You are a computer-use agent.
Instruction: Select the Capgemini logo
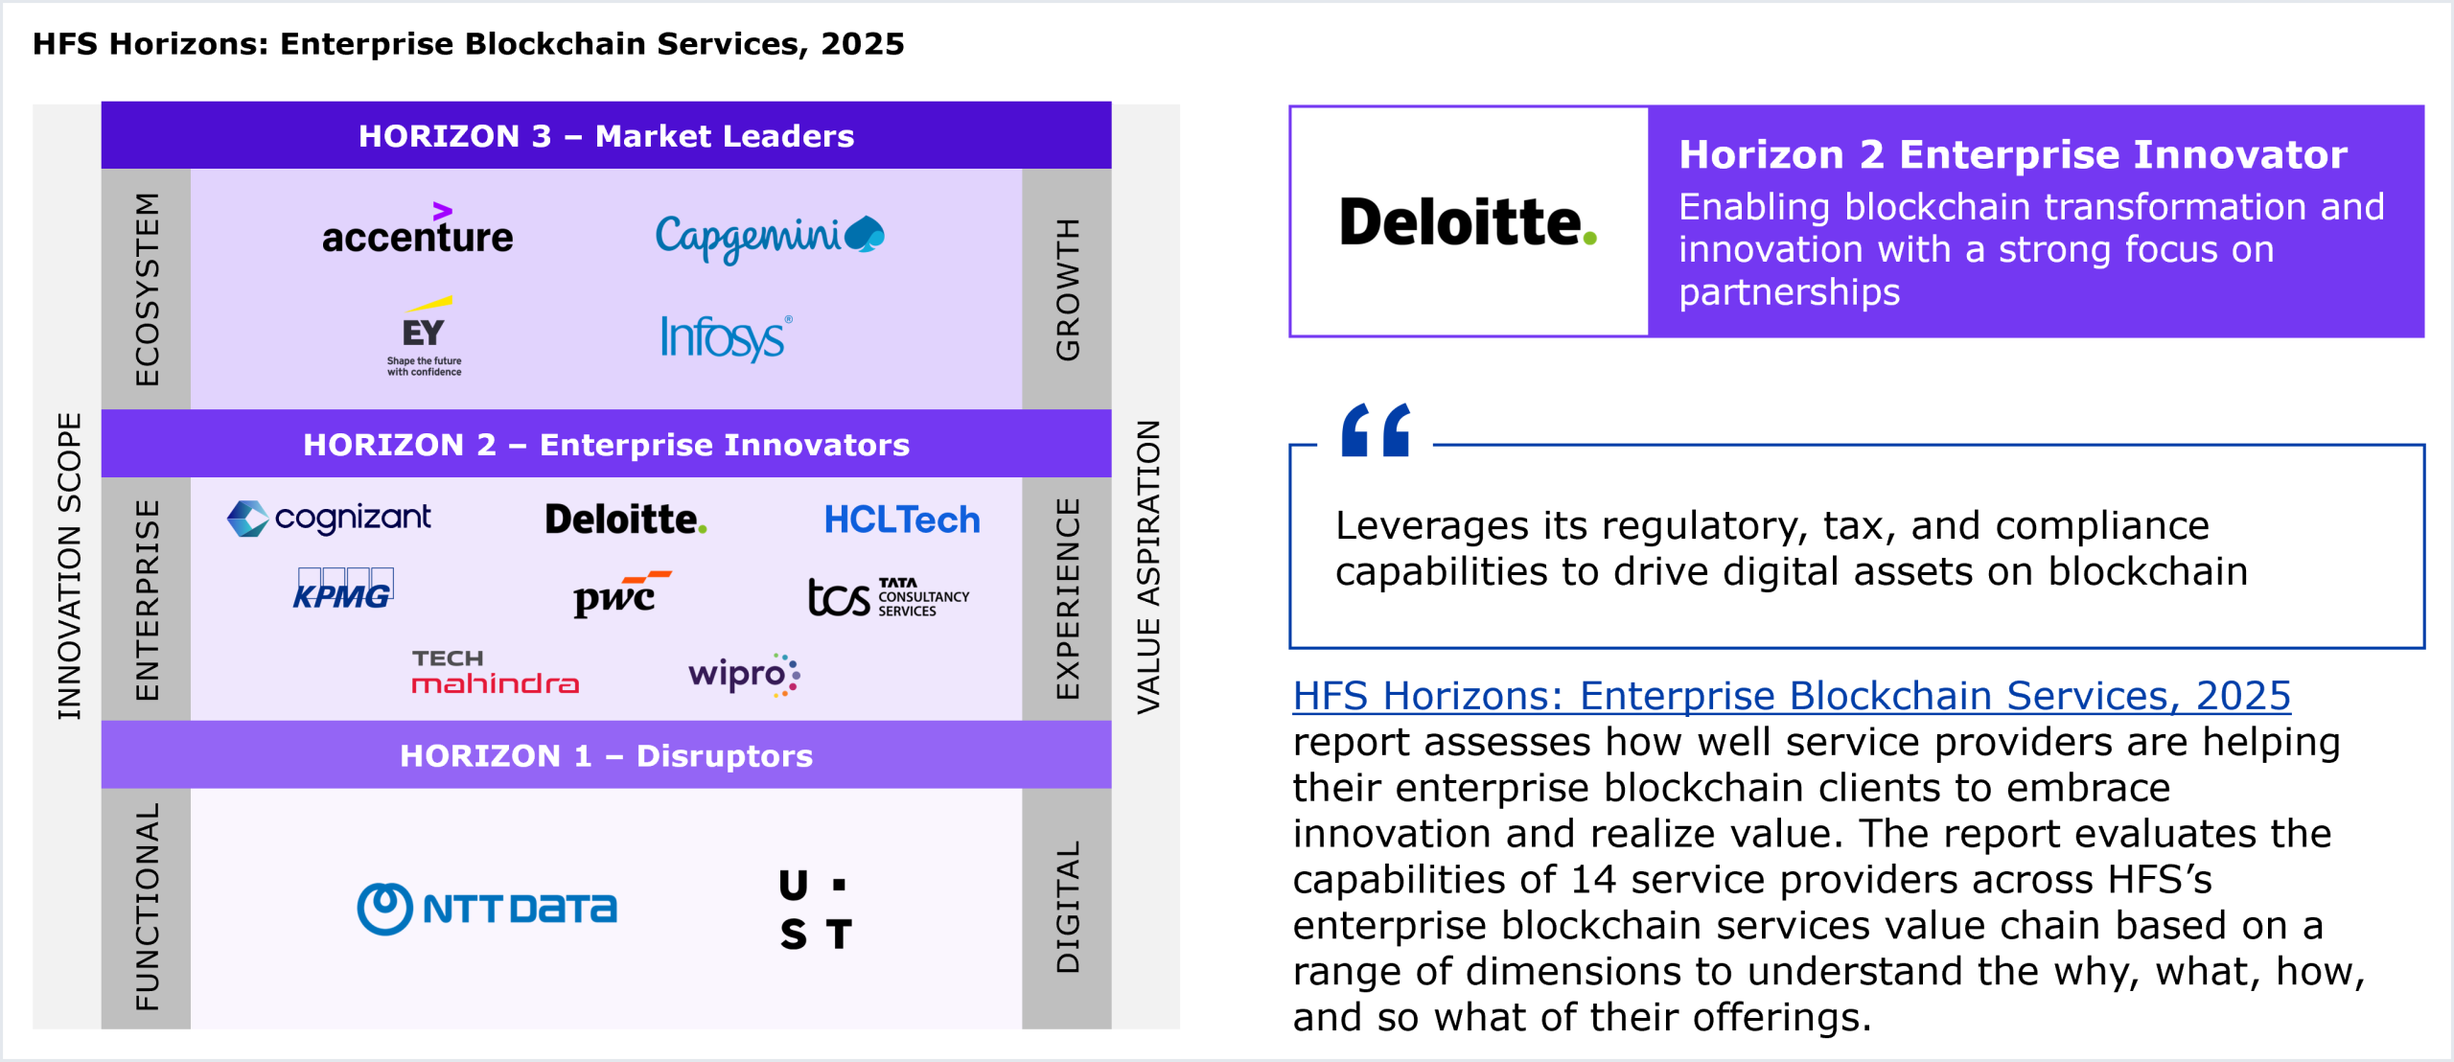769,237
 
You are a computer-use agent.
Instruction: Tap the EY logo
424,336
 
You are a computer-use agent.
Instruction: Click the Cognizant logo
329,519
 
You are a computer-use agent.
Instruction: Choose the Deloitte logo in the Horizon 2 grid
626,519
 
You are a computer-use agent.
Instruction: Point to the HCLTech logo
902,519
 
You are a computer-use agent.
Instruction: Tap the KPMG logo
343,589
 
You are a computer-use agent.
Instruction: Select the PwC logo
622,594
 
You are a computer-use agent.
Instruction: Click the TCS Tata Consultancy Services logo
889,596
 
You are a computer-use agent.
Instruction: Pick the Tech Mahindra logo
495,672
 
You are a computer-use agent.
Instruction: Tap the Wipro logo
744,674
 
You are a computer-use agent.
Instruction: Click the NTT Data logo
487,909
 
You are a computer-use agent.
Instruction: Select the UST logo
815,909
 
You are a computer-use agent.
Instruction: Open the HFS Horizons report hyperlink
1791,695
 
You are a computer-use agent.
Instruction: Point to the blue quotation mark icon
1376,430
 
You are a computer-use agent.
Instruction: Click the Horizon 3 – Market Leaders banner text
606,136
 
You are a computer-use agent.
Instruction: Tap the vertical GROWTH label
1067,289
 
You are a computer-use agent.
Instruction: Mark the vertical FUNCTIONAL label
147,907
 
